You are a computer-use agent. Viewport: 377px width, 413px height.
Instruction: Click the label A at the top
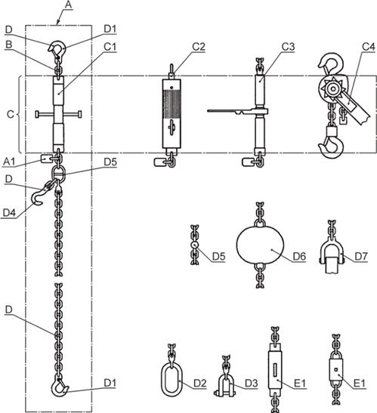[x=68, y=5]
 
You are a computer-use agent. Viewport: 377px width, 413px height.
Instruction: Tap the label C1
[x=110, y=47]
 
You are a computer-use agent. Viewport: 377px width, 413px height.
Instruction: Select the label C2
[x=199, y=47]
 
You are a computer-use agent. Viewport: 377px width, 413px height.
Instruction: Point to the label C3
[x=288, y=47]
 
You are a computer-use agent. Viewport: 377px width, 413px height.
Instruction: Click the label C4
[x=368, y=47]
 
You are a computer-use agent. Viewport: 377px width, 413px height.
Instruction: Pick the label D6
[x=299, y=256]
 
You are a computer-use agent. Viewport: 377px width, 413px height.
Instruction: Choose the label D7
[x=361, y=256]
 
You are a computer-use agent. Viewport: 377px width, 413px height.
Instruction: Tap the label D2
[x=200, y=384]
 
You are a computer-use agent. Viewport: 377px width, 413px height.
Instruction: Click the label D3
[x=252, y=384]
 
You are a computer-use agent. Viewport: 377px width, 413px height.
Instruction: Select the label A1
[x=9, y=162]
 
